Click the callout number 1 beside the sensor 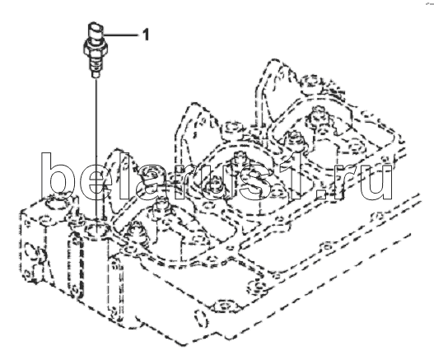tap(146, 35)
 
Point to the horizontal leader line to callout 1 tap(120, 35)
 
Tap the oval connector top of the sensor tap(96, 29)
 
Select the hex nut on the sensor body tap(95, 49)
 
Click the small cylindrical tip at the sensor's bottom tap(96, 74)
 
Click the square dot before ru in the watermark tap(322, 194)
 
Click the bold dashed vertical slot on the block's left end tap(76, 266)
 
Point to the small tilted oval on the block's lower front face tap(201, 319)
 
